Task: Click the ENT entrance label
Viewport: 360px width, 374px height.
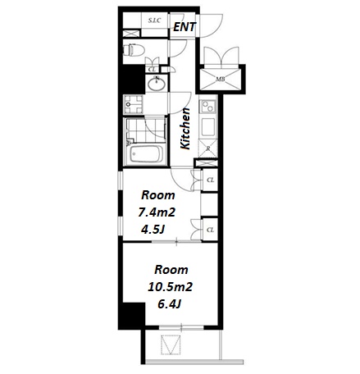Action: click(185, 27)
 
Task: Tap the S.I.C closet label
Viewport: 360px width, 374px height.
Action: click(154, 21)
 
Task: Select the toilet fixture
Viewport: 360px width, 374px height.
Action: click(134, 50)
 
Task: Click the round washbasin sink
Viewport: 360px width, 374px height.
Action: click(157, 84)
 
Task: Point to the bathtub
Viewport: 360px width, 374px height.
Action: click(146, 154)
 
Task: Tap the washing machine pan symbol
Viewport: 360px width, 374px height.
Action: click(133, 104)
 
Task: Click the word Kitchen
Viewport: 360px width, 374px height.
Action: click(185, 129)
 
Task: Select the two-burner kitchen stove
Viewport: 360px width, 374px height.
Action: click(207, 107)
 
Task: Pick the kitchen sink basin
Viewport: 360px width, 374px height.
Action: click(208, 127)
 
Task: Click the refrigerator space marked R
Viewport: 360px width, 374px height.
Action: click(208, 148)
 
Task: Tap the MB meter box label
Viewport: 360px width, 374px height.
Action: click(221, 80)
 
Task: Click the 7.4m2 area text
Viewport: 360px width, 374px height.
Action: click(157, 212)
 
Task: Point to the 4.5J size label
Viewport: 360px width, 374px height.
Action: click(153, 230)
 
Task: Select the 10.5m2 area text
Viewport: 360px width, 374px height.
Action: click(170, 287)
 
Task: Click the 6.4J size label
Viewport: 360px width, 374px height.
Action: click(170, 303)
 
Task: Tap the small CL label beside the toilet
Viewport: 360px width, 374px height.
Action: click(152, 70)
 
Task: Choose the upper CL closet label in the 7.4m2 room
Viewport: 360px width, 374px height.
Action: click(210, 180)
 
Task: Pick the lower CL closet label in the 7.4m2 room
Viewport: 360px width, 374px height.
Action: click(210, 230)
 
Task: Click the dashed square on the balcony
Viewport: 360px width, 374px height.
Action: click(171, 344)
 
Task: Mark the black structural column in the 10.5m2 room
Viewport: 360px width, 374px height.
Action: click(134, 313)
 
